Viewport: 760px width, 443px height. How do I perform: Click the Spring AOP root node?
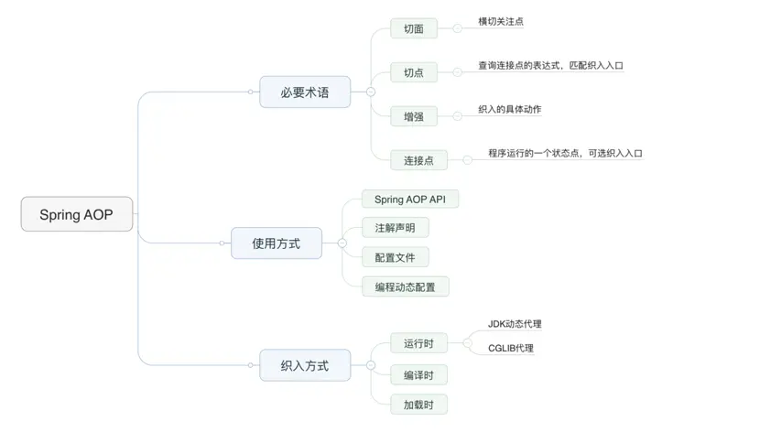[x=77, y=214]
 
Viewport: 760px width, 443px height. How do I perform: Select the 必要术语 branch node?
[x=305, y=92]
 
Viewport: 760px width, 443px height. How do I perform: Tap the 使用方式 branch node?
[x=276, y=243]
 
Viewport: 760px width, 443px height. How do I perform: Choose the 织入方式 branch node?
[x=304, y=366]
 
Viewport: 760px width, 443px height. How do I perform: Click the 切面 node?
[x=413, y=28]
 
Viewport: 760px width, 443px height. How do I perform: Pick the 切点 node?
[x=413, y=72]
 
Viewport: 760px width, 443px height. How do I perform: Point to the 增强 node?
[x=413, y=116]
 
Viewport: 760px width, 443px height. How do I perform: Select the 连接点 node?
[x=418, y=160]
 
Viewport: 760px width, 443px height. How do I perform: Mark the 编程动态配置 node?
[x=405, y=286]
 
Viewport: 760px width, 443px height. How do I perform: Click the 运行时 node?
[x=418, y=344]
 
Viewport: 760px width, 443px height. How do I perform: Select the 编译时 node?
[x=418, y=374]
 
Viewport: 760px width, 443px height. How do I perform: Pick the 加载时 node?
[x=418, y=404]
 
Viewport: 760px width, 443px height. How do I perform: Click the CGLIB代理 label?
[x=511, y=348]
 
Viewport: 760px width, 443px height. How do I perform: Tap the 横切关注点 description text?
[x=501, y=21]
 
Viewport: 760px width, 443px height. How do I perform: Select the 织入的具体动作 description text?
[x=509, y=109]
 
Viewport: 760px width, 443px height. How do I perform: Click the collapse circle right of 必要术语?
[x=370, y=92]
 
